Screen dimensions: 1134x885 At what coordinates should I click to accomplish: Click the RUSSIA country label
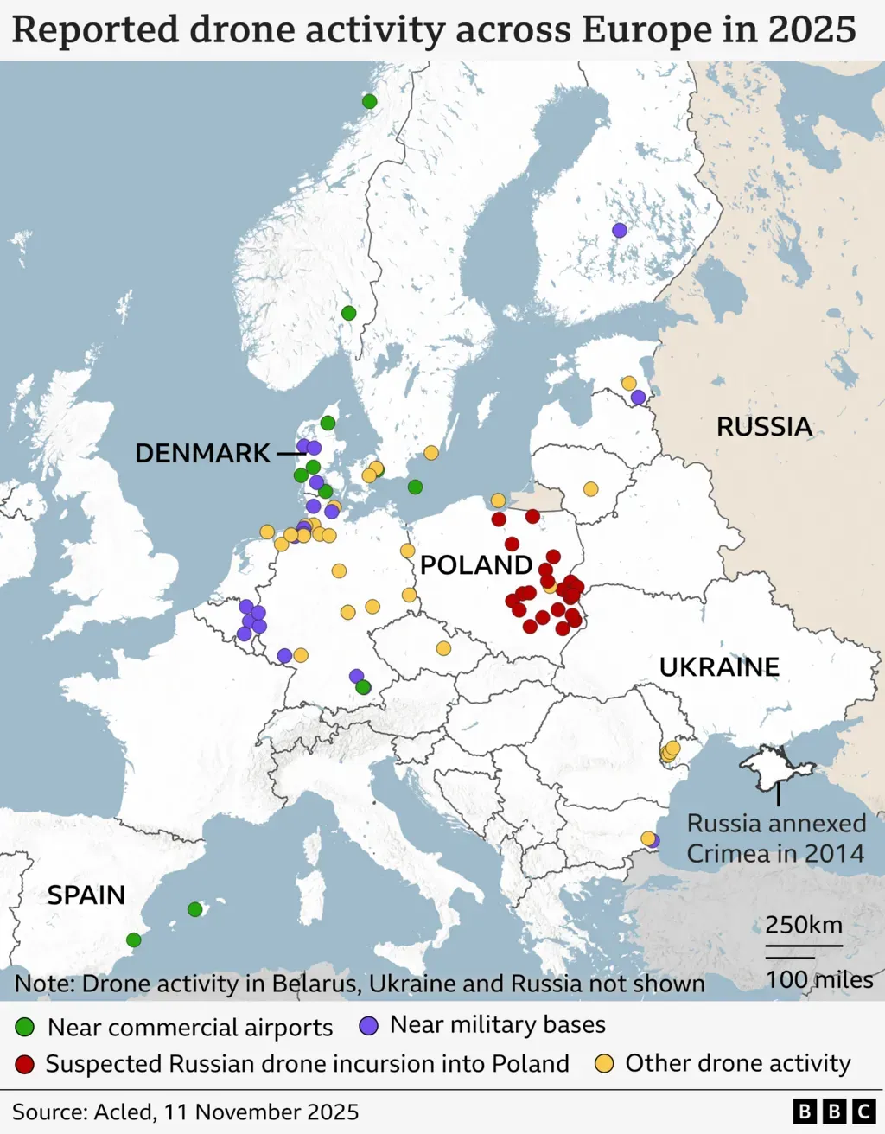point(764,427)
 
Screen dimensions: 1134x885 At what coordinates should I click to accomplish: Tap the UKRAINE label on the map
point(719,667)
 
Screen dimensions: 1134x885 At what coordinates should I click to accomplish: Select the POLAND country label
point(475,565)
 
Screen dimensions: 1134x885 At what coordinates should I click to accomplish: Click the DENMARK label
point(203,453)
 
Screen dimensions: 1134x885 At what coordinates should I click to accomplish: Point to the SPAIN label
point(86,895)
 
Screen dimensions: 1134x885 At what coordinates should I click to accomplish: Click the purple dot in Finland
point(619,230)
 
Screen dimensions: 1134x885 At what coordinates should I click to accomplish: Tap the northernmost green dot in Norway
point(369,101)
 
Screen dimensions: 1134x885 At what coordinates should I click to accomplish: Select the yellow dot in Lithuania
point(590,489)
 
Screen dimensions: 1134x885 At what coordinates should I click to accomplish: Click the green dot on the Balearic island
point(194,909)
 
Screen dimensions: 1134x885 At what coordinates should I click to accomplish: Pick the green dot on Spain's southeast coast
point(133,940)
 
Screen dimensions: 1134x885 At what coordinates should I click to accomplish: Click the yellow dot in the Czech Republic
point(443,648)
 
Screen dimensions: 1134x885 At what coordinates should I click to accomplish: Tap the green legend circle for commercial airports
point(24,1028)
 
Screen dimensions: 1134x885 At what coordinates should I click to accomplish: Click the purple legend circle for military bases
point(368,1026)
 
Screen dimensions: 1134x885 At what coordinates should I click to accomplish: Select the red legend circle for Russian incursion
point(24,1064)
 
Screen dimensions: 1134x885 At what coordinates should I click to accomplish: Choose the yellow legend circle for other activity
point(604,1064)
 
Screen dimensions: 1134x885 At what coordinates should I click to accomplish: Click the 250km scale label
point(803,925)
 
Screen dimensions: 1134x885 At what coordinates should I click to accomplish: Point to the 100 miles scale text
point(819,979)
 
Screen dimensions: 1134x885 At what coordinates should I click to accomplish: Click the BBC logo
point(834,1112)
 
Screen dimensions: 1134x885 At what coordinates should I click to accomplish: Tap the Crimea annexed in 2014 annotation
point(775,838)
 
